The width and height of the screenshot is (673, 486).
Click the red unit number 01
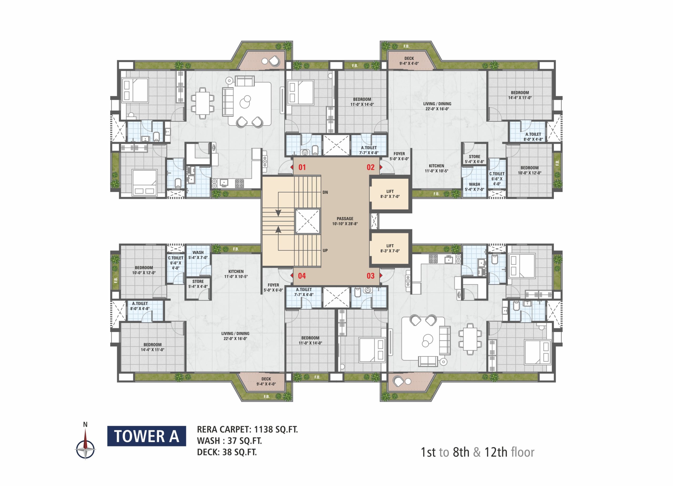[x=302, y=167]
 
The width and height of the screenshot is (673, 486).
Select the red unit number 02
[x=371, y=167]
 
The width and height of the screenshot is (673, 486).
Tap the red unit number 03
[x=371, y=276]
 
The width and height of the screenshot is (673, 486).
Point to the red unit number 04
[x=302, y=276]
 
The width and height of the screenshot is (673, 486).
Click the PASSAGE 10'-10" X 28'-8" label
[x=345, y=221]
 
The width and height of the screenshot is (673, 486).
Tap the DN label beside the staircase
[x=325, y=192]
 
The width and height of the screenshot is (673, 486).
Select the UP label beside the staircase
[x=325, y=250]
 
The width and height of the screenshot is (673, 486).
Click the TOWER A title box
[x=147, y=436]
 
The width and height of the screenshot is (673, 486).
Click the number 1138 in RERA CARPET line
[x=263, y=429]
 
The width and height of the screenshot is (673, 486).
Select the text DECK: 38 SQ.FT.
[x=227, y=452]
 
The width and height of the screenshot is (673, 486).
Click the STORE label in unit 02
[x=475, y=157]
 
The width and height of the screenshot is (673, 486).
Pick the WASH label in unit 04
[x=198, y=253]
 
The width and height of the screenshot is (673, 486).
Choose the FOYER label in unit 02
[x=399, y=154]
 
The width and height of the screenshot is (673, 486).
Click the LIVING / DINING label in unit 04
[x=235, y=334]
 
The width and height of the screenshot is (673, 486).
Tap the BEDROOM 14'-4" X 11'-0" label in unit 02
[x=520, y=95]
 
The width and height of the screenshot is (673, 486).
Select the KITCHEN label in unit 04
[x=236, y=272]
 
